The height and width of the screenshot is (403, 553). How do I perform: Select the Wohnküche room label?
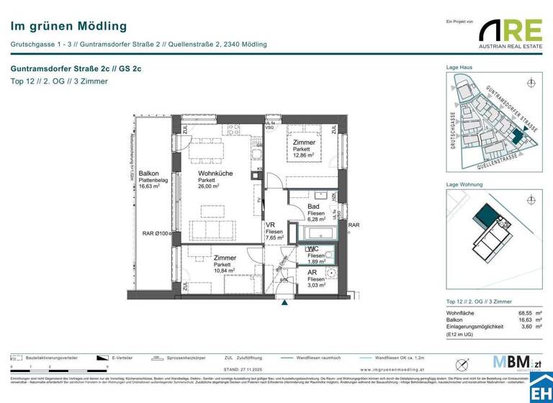[215, 173]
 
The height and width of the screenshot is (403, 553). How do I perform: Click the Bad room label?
[314, 207]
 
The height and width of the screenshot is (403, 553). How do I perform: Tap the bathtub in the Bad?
[317, 233]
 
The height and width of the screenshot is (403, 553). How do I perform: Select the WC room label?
[313, 249]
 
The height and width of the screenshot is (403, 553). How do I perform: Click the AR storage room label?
[313, 273]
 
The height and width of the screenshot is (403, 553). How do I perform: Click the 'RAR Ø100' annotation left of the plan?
[156, 233]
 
